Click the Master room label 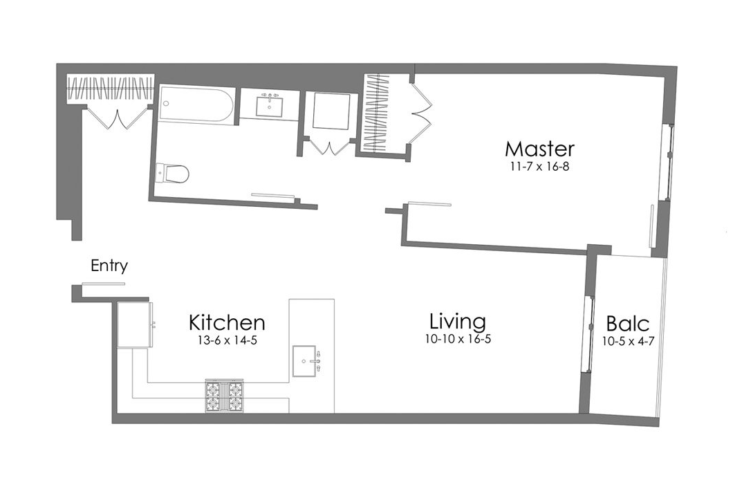tap(539, 149)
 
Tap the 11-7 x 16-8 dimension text tap(539, 167)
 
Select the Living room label tap(457, 322)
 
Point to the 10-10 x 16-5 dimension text tap(458, 339)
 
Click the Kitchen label tap(227, 322)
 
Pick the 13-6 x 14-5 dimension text tap(227, 340)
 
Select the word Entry tap(109, 266)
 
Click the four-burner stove tap(225, 396)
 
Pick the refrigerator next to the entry tap(134, 324)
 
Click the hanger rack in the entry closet tap(110, 90)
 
